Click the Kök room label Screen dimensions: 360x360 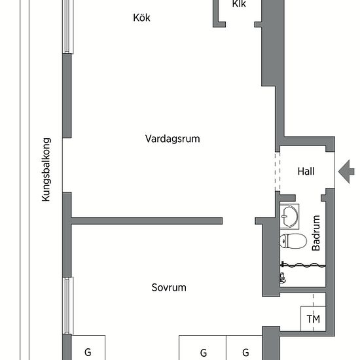pyautogui.click(x=141, y=18)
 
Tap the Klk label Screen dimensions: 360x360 pyautogui.click(x=239, y=4)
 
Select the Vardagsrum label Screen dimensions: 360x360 pyautogui.click(x=172, y=139)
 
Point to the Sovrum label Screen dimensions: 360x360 pyautogui.click(x=169, y=287)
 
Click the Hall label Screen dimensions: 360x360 pyautogui.click(x=306, y=171)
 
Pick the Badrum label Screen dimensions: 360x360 pyautogui.click(x=316, y=233)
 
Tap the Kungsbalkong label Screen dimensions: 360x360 pyautogui.click(x=46, y=170)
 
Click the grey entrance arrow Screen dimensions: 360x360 pyautogui.click(x=346, y=171)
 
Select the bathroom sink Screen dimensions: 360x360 pyautogui.click(x=289, y=217)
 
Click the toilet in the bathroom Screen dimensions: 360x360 pyautogui.click(x=293, y=241)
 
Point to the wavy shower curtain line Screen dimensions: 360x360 pyautogui.click(x=303, y=266)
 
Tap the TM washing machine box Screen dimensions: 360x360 pyautogui.click(x=313, y=319)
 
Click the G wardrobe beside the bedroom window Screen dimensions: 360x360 pyautogui.click(x=88, y=348)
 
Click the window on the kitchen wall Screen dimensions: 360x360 pyautogui.click(x=68, y=27)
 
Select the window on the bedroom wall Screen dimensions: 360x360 pyautogui.click(x=68, y=306)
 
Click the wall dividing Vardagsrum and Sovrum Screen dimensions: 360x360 pyautogui.click(x=147, y=221)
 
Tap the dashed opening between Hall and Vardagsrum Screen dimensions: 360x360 pyautogui.click(x=278, y=171)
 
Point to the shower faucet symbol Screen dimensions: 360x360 pyautogui.click(x=283, y=278)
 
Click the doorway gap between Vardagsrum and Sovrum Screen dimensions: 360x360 pyautogui.click(x=239, y=221)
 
